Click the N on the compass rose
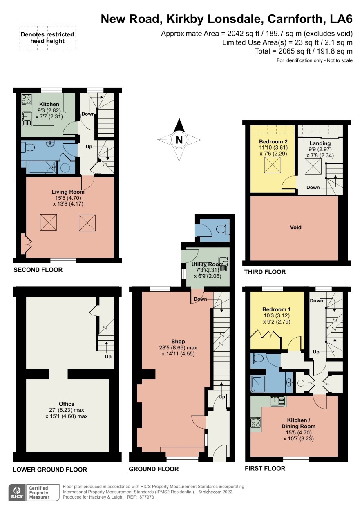point(179,140)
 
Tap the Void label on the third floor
point(295,227)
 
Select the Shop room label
point(178,341)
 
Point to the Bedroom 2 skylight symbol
point(273,165)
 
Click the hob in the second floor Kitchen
point(27,99)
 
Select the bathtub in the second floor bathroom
point(41,167)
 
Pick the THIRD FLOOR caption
point(265,272)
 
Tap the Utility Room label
point(207,264)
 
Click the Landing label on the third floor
point(320,143)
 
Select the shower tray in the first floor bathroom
point(258,384)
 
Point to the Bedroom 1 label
point(276,309)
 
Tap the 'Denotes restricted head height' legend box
point(47,38)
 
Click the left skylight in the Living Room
point(48,222)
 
